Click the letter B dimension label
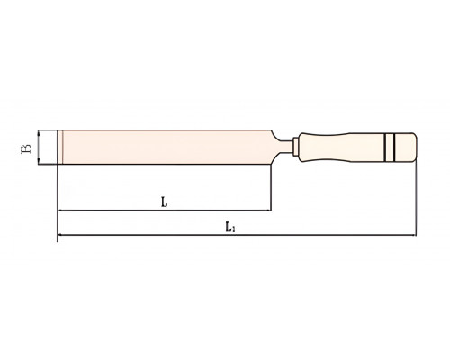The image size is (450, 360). coord(26,148)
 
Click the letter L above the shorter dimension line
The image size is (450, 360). coord(164,202)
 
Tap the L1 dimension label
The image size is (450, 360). coord(230,227)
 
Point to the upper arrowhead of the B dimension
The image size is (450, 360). coord(39,133)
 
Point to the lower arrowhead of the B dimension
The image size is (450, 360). coord(39,162)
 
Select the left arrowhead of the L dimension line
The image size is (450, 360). coord(60,211)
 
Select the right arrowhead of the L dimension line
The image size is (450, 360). coord(268,211)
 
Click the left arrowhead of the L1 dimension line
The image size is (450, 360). coord(60,235)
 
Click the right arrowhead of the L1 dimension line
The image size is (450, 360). coord(413,235)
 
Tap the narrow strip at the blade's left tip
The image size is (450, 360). coord(60,148)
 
